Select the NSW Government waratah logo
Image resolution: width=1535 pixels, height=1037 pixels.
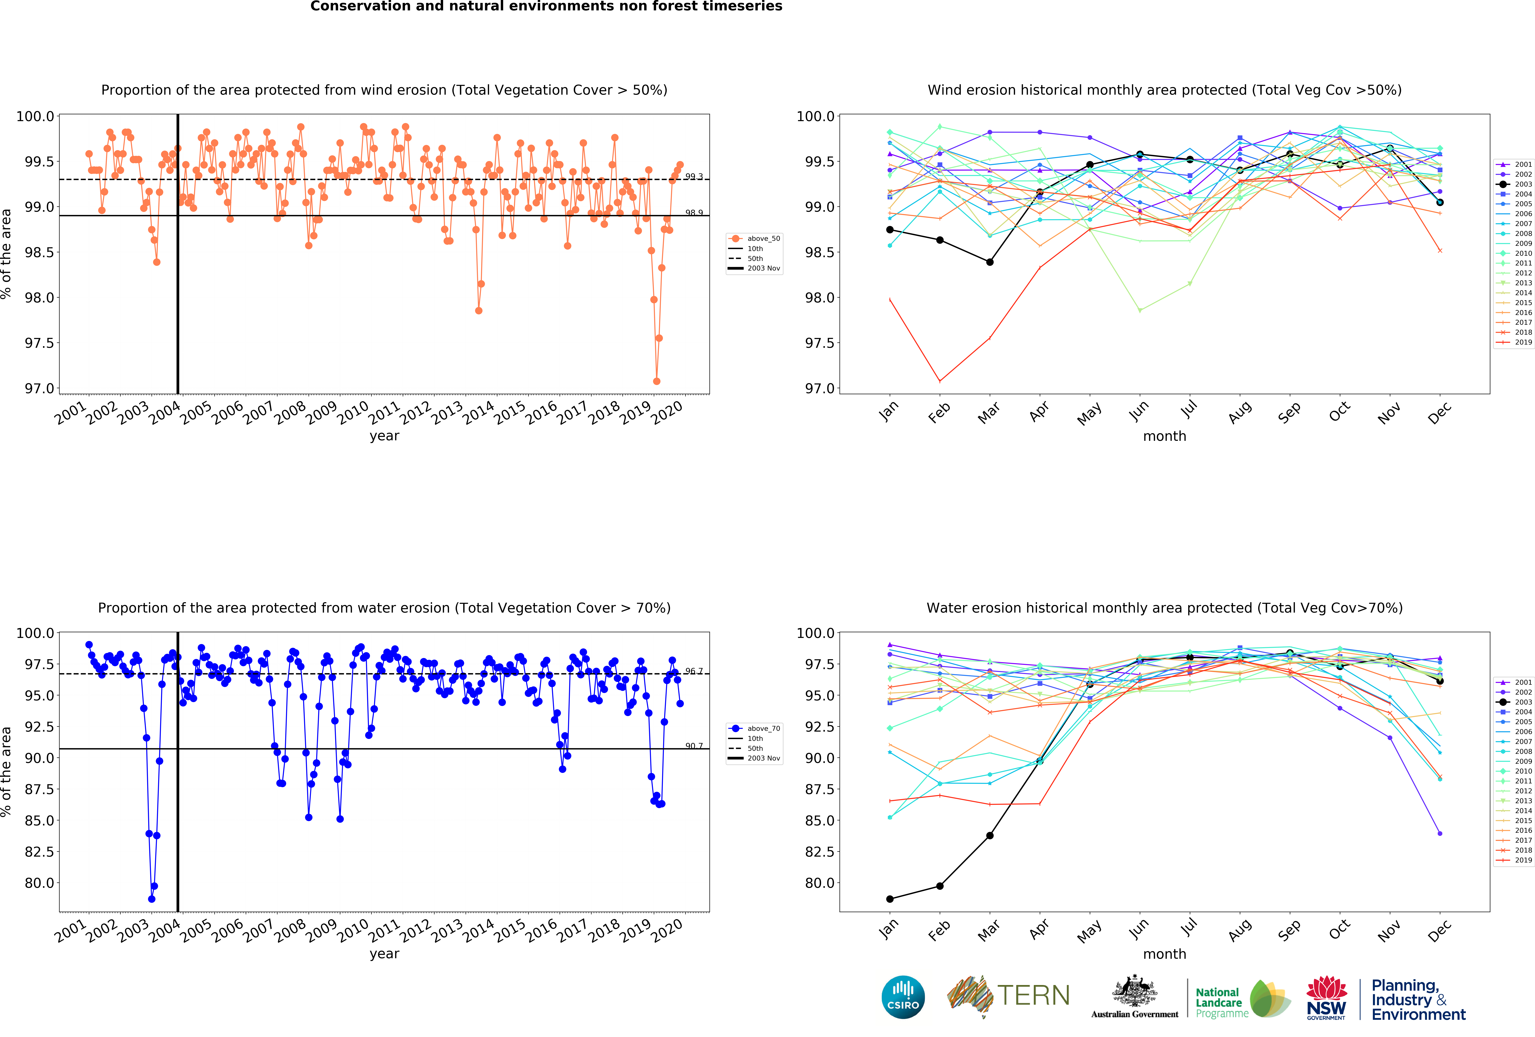tap(1326, 997)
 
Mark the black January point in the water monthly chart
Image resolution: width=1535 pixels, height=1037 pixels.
tap(890, 899)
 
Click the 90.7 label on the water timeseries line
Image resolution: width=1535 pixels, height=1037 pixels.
tap(694, 746)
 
